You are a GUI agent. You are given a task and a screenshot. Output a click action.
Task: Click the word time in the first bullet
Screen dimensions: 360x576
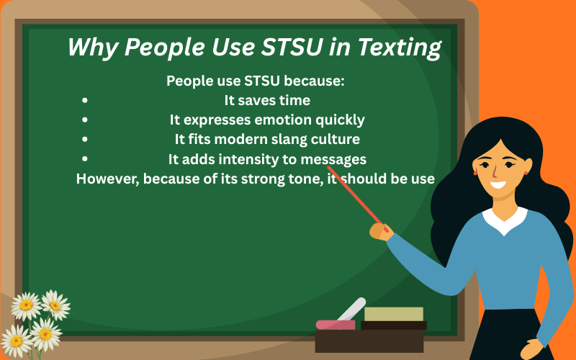(x=295, y=100)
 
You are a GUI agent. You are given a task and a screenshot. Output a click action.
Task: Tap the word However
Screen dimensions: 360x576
(x=107, y=179)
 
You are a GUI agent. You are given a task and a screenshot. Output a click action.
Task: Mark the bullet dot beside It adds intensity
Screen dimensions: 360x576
(x=86, y=159)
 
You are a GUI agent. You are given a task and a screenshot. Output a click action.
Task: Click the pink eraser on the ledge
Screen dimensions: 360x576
(x=335, y=325)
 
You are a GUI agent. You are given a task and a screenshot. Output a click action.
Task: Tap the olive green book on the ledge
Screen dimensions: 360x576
(x=393, y=314)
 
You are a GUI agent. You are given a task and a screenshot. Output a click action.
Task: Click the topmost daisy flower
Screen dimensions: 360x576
(x=55, y=303)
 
